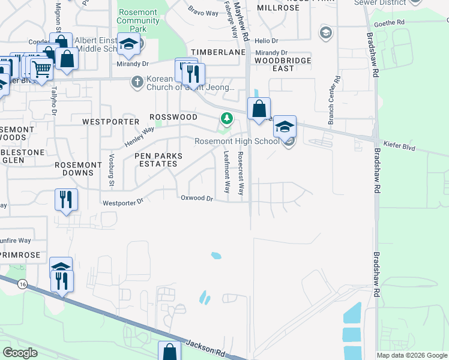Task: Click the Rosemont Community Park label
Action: (138, 20)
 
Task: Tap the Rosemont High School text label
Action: (237, 141)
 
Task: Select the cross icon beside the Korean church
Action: (137, 82)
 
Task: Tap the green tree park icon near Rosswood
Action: (226, 118)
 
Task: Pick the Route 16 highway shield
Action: (22, 283)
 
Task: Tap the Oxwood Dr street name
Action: (197, 198)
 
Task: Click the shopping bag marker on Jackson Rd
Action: (169, 350)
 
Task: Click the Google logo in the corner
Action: (20, 353)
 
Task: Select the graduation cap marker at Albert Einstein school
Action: (128, 43)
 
